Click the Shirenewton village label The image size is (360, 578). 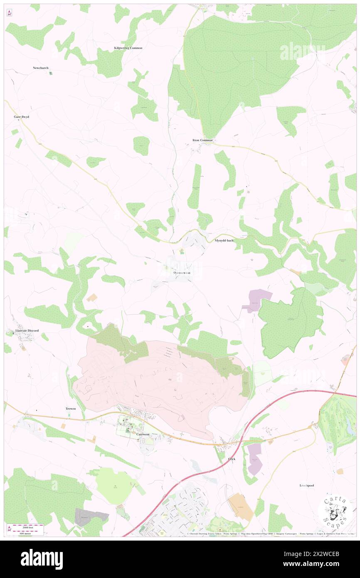[181, 273]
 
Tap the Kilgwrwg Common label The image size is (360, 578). [128, 48]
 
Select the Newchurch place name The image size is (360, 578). [41, 68]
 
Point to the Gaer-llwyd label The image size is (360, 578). [21, 117]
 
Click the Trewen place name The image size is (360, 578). [71, 409]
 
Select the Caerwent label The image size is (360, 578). [143, 434]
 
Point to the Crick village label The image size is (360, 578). [232, 459]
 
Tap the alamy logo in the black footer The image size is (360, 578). [42, 559]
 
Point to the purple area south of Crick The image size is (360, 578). [255, 459]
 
